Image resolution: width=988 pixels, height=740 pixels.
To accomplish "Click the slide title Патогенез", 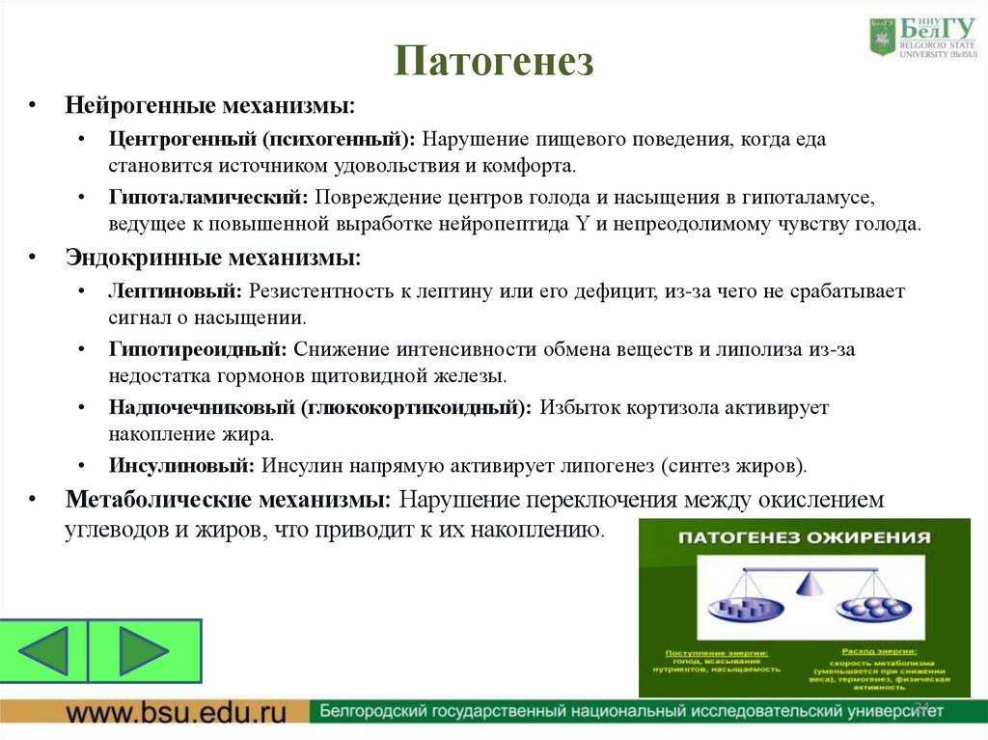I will coord(493,62).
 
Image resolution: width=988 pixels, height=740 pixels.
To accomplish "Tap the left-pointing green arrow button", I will coord(44,651).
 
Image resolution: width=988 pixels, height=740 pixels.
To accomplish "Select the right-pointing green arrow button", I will coord(145,651).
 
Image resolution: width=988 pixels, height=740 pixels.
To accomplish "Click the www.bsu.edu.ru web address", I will coord(177,714).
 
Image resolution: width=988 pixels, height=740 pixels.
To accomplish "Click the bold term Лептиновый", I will coord(178,290).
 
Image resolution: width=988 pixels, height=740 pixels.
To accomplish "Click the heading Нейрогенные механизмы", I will coord(209,102).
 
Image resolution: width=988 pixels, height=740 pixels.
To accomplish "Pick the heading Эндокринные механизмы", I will coord(213,258).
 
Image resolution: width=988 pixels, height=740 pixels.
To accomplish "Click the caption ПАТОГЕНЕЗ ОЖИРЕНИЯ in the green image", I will coord(805,537).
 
